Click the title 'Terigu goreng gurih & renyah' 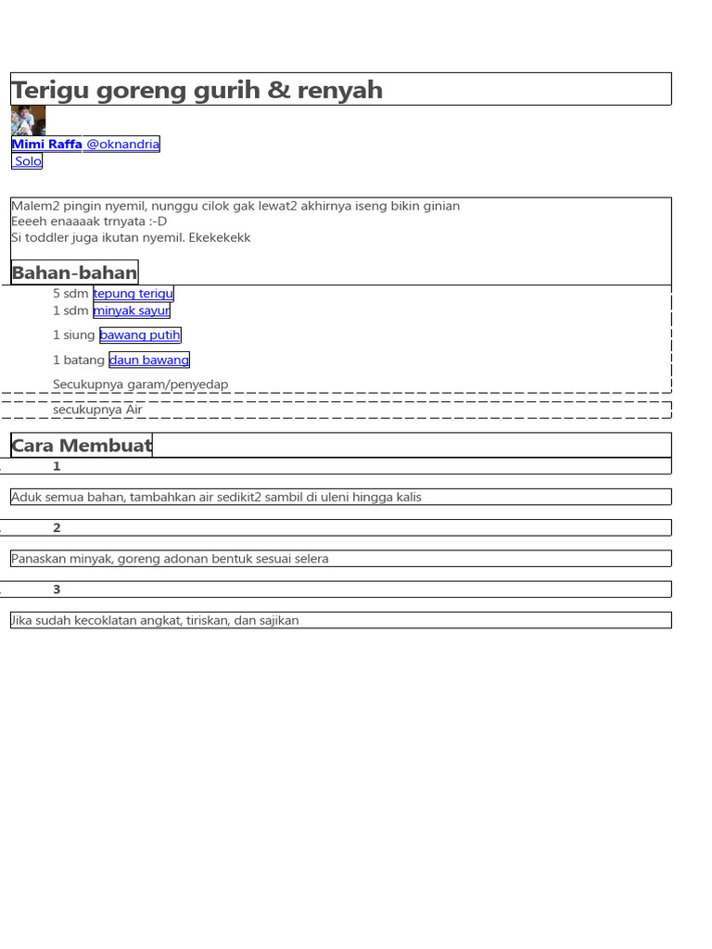click(197, 90)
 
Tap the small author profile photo click(28, 120)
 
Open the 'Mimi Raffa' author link click(46, 144)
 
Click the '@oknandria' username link click(121, 144)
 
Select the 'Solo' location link click(28, 161)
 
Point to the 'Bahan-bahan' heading click(74, 272)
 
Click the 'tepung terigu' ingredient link click(133, 294)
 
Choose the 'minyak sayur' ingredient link click(132, 310)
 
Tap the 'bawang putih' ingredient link click(140, 335)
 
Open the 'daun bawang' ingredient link click(149, 360)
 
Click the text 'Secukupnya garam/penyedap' click(141, 384)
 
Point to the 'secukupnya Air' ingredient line click(98, 409)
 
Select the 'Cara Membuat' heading click(82, 446)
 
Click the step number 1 click(57, 466)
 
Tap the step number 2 click(57, 528)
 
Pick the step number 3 click(57, 589)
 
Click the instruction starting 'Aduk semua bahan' click(216, 497)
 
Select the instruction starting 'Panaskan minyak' click(170, 559)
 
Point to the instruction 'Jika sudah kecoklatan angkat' click(155, 620)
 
